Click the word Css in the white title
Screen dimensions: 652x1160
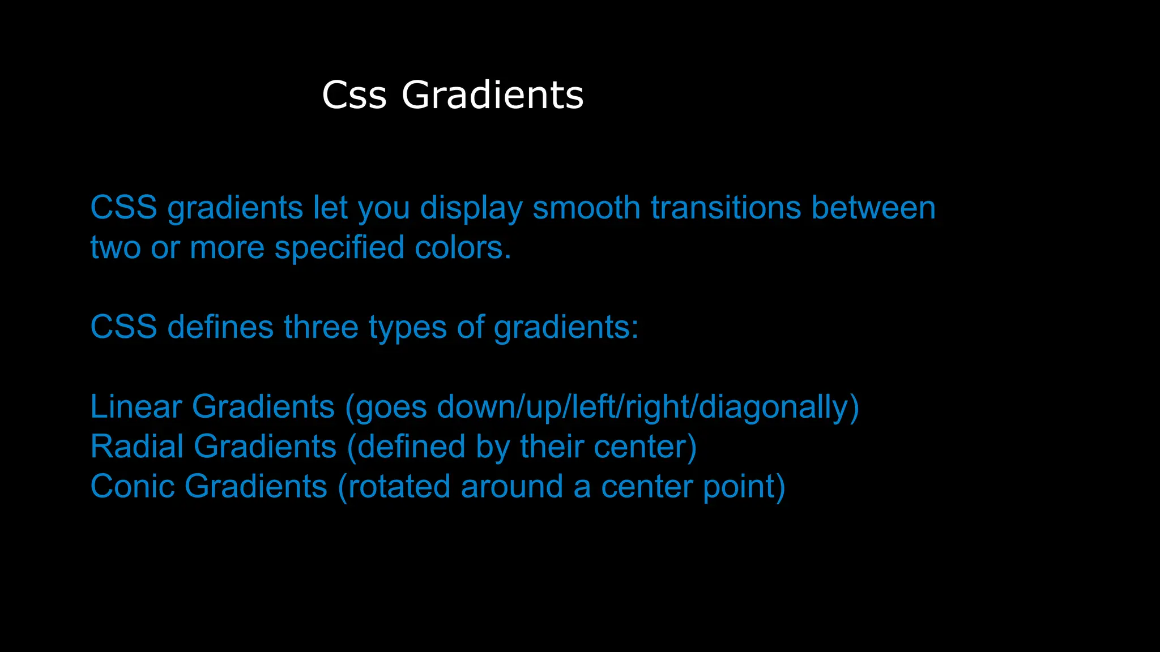point(354,95)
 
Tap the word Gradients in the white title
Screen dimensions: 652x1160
point(492,95)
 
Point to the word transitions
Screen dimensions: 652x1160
point(726,208)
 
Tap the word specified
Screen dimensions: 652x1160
point(339,248)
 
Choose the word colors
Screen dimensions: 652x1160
point(463,248)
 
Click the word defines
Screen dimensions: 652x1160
point(220,327)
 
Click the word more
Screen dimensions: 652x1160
point(227,248)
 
